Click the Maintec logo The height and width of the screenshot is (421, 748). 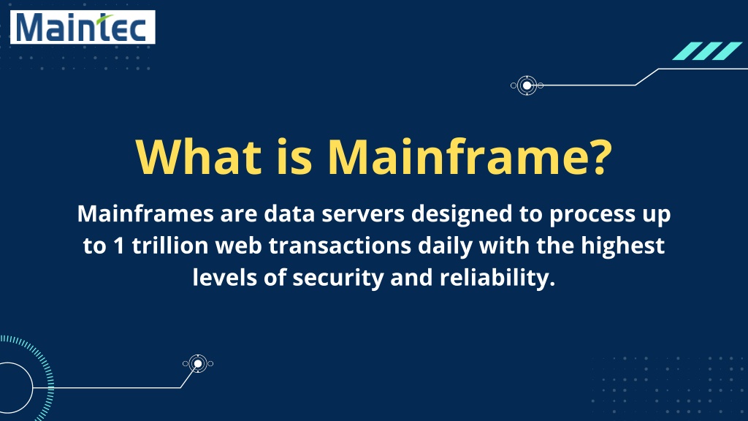(x=83, y=27)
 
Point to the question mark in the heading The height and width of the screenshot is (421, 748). (x=596, y=156)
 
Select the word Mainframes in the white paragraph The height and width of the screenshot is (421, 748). (x=145, y=213)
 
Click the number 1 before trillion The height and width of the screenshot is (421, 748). (x=119, y=246)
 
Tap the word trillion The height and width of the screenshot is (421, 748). (x=170, y=246)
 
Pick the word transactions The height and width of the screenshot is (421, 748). (x=340, y=246)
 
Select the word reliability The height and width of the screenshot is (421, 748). (x=497, y=277)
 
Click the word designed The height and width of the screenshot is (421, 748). (x=462, y=214)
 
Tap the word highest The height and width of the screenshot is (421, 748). (x=622, y=246)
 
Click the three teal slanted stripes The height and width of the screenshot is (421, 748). (x=707, y=51)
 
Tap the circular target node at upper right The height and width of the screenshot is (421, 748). (x=527, y=86)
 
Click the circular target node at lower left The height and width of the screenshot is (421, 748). (x=197, y=364)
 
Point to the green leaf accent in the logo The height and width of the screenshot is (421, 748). (x=105, y=19)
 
